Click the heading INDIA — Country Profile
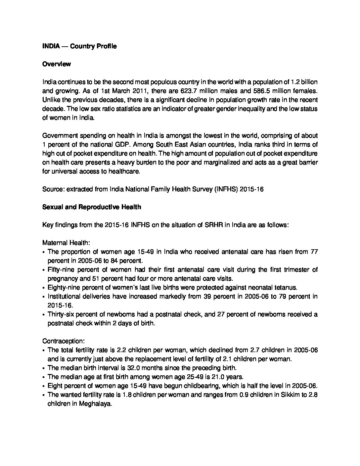tap(79, 46)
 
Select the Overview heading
tap(56, 64)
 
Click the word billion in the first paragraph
tap(309, 82)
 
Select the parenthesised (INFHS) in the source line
tap(226, 189)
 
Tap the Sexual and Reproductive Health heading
tap(92, 207)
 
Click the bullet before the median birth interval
tap(44, 368)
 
